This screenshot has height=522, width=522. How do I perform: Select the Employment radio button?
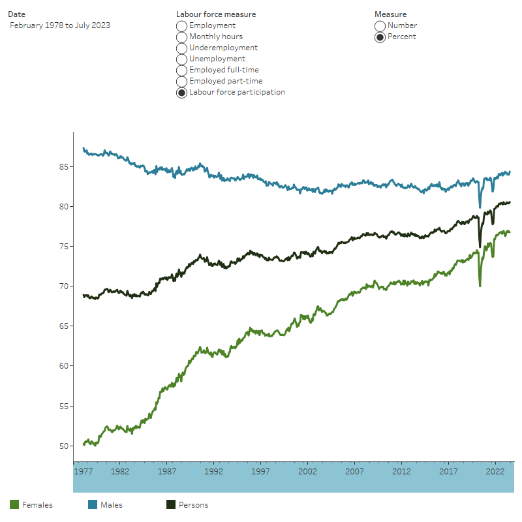[182, 25]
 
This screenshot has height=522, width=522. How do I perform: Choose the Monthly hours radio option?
[182, 37]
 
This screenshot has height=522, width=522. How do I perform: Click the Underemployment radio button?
[182, 48]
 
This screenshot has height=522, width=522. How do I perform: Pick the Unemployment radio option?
[182, 59]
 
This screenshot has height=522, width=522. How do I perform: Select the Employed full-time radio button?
[182, 70]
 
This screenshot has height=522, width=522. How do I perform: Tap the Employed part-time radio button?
[182, 81]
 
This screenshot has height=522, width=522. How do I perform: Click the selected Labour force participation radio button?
[182, 92]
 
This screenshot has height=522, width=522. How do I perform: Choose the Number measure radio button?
[380, 25]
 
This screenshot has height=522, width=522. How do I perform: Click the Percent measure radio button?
[380, 37]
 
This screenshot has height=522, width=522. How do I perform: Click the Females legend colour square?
[14, 504]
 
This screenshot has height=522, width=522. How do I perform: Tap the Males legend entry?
[104, 504]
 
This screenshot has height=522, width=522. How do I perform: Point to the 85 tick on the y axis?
[63, 166]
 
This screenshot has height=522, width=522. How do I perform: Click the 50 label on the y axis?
[63, 446]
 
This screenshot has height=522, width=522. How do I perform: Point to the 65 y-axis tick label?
[63, 326]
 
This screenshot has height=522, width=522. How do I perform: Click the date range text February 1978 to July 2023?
[60, 25]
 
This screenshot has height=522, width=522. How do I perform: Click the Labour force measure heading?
[216, 14]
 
